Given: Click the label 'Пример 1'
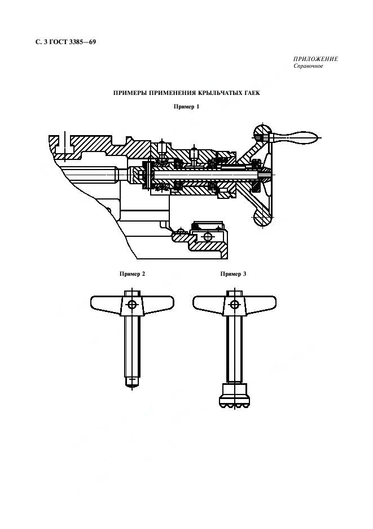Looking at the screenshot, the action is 186,107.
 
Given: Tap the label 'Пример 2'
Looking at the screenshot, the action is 132,274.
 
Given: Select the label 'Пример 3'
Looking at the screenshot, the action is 233,274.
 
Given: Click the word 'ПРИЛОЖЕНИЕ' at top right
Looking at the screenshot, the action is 315,59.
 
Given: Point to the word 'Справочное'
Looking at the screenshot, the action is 308,66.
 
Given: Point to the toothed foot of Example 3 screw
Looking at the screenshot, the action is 234,396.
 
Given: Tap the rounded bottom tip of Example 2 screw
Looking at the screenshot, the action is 132,384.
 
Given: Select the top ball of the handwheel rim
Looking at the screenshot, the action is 262,132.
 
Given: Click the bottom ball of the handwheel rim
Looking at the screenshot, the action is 262,218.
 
